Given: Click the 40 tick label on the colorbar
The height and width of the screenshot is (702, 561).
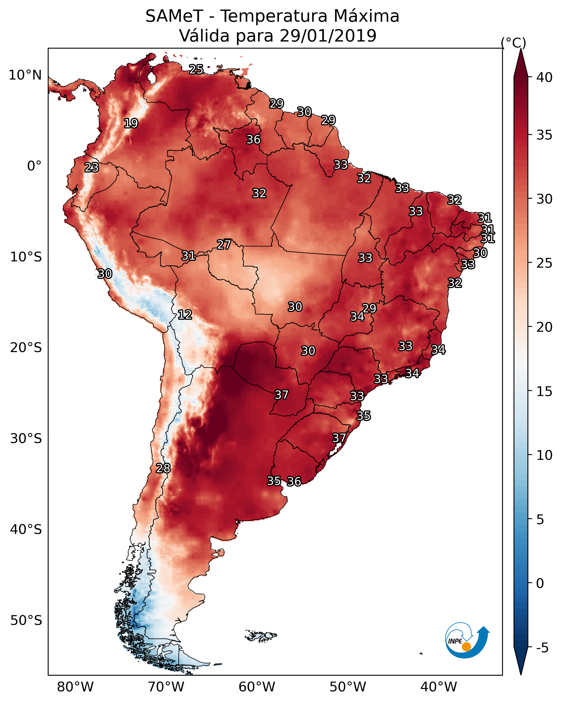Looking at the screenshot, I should coord(544,77).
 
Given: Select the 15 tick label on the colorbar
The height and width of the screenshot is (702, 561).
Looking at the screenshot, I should coord(544,391).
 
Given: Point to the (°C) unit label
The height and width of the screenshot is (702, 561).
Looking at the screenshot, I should coord(513,43).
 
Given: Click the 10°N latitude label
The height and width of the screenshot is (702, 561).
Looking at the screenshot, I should coord(25,75).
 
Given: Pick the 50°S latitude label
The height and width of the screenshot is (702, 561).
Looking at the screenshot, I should coord(26,621).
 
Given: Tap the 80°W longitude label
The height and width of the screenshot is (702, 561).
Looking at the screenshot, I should coord(75,687).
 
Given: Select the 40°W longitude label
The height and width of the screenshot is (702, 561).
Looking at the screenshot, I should coord(439,687).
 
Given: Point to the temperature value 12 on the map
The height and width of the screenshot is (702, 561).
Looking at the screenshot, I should coord(185,315).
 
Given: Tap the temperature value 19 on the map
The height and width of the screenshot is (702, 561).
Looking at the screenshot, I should coord(131,124).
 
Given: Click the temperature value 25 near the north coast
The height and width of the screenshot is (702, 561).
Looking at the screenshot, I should coord(196,69).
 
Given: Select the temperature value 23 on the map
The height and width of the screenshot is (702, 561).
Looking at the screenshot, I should coord(91,167).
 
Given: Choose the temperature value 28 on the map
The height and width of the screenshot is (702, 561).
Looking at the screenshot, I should coord(163,468).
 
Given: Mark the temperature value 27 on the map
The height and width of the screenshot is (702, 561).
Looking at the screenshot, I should coord(224,245).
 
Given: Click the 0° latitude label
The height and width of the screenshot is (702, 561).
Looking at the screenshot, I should coord(34,166).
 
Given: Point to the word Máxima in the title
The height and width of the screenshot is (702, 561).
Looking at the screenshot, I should coord(362,16).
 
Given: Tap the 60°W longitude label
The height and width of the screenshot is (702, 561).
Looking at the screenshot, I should coord(257,687).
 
